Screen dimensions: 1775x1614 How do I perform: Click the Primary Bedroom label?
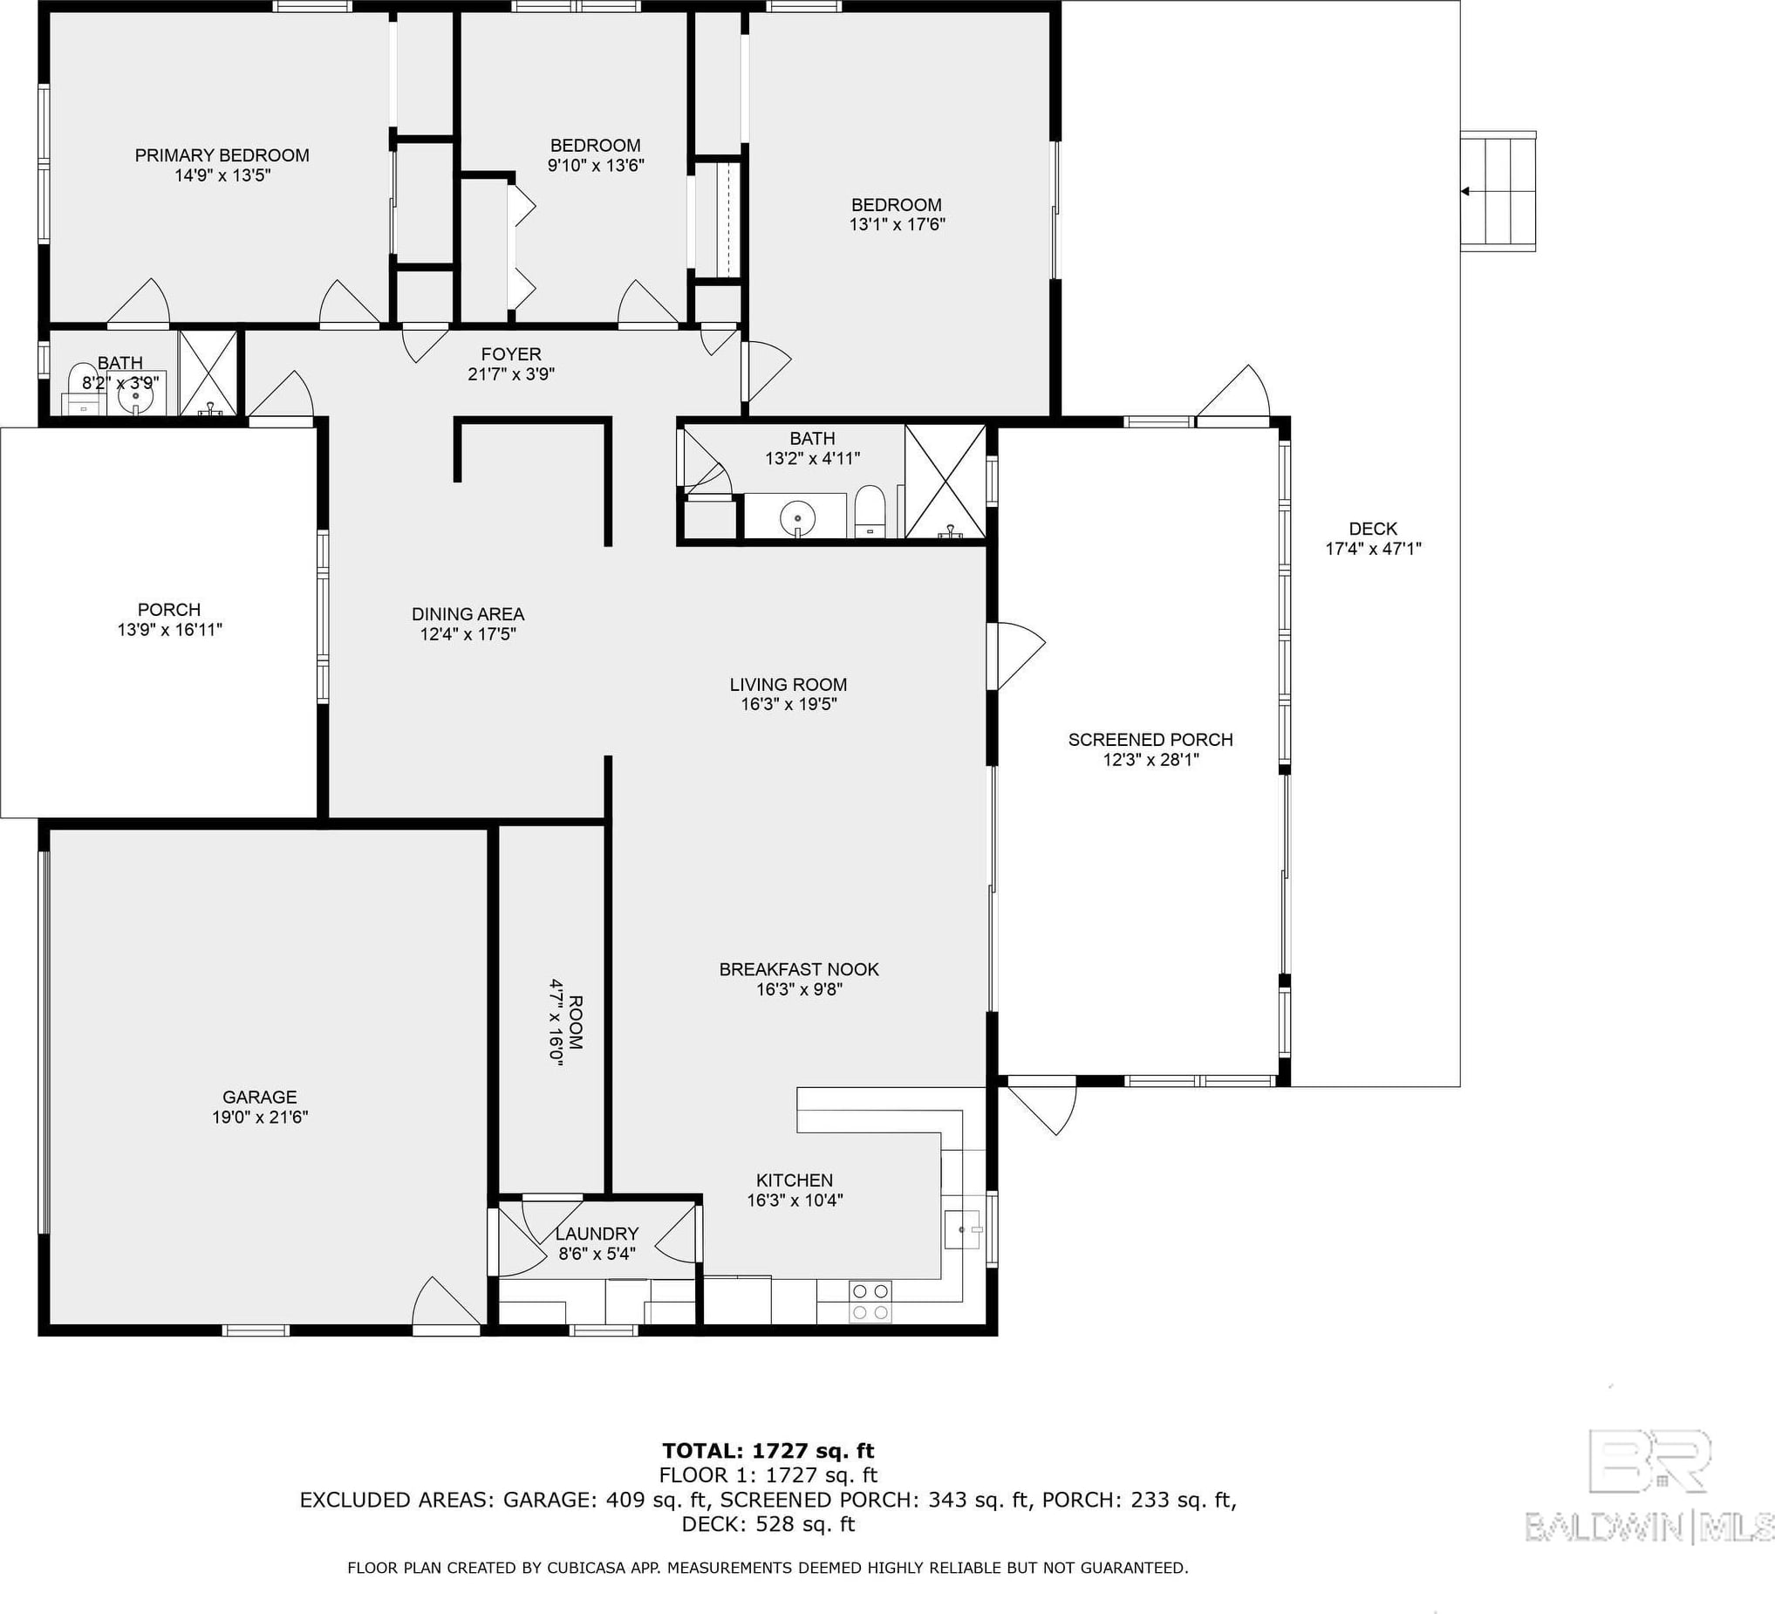point(222,156)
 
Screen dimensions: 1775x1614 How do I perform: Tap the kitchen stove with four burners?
point(870,1302)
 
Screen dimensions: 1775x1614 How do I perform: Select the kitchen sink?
point(962,1228)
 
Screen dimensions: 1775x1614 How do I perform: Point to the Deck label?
point(1373,530)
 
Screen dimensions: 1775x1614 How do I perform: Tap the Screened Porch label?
point(1150,740)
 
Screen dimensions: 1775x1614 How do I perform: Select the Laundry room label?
point(597,1234)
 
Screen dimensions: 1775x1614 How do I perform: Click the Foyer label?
point(510,354)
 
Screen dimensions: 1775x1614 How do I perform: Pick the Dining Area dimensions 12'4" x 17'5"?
point(468,634)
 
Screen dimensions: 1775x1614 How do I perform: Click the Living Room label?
point(788,684)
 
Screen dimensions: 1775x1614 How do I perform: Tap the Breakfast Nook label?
point(800,969)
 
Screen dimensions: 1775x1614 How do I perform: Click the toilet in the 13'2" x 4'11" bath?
point(869,510)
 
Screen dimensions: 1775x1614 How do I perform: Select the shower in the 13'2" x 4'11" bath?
point(945,482)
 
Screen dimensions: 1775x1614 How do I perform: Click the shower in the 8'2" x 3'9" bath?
point(208,373)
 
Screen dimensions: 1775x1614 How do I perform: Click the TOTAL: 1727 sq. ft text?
point(768,1451)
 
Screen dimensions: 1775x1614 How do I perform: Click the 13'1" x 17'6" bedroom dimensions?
point(897,224)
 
